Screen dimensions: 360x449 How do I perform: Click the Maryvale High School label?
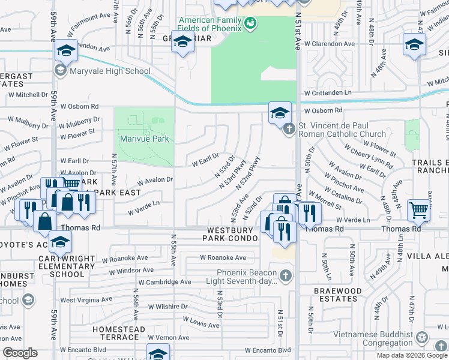(x=110, y=71)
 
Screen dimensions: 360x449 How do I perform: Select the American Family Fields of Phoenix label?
(x=209, y=25)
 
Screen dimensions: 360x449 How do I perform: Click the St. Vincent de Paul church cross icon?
(x=289, y=128)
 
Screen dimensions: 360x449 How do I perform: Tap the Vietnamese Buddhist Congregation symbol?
(x=423, y=338)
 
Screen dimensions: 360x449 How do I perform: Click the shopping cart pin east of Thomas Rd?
(x=418, y=210)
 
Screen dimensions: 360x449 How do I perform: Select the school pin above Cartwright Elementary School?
(x=60, y=242)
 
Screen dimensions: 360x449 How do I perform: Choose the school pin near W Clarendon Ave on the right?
(x=414, y=45)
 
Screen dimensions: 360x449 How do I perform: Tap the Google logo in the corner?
(x=19, y=353)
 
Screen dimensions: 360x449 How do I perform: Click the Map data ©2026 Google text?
(x=412, y=355)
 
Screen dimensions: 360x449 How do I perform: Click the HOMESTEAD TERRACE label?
(x=118, y=334)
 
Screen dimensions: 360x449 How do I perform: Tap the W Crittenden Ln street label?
(x=327, y=93)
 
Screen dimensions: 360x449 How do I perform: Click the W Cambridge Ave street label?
(x=164, y=282)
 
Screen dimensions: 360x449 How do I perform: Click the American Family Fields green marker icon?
(x=251, y=23)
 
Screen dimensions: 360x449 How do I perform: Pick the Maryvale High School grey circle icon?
(x=60, y=71)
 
